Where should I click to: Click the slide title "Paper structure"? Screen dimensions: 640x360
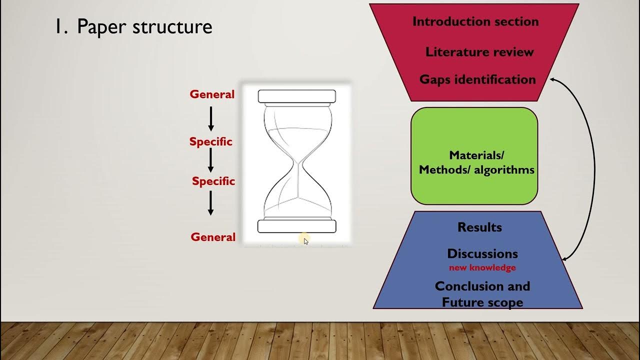point(144,27)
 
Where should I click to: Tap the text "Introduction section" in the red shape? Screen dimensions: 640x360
point(475,22)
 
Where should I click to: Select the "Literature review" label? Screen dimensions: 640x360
point(479,52)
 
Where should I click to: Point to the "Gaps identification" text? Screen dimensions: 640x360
point(477,79)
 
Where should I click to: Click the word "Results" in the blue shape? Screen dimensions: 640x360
point(479,227)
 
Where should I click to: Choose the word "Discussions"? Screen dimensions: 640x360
point(482,253)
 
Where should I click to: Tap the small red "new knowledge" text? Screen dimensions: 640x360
point(482,268)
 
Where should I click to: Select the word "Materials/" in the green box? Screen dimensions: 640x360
point(476,155)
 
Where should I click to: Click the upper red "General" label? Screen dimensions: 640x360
point(212,94)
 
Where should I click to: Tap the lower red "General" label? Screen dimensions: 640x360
point(213,237)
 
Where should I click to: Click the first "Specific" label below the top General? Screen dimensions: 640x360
point(211,142)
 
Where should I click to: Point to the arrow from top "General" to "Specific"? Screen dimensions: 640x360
point(210,119)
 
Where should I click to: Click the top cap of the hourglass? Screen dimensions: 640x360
point(296,96)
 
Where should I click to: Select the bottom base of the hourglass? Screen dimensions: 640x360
point(296,226)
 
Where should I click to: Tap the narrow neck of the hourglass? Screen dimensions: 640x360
point(298,164)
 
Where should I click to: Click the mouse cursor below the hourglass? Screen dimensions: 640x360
point(306,241)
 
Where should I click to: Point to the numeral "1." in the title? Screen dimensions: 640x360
point(61,27)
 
